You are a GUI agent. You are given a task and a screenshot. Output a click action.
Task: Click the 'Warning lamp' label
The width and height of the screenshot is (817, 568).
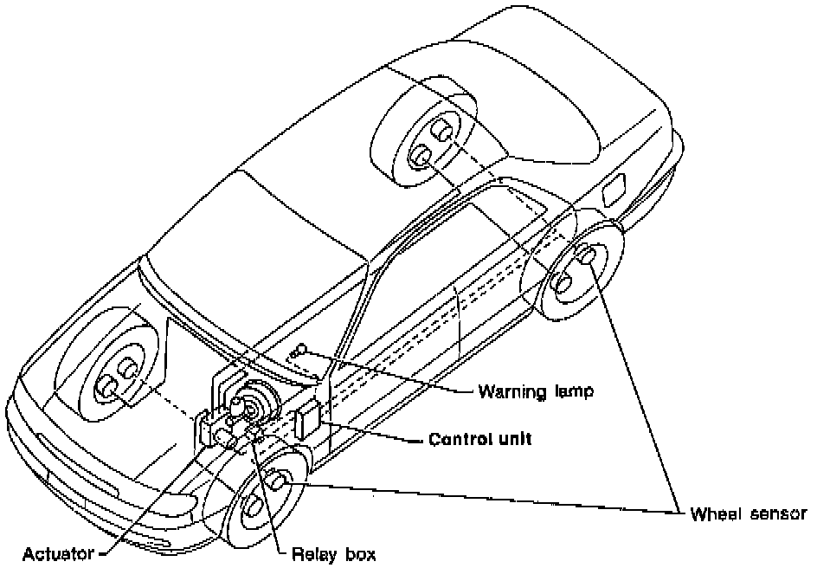(537, 391)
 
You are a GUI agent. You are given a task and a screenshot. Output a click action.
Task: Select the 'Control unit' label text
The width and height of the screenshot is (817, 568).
(480, 439)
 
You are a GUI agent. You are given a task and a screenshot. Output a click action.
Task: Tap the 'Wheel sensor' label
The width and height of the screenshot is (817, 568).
(748, 513)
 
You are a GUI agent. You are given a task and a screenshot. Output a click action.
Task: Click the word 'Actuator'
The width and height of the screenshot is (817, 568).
(58, 553)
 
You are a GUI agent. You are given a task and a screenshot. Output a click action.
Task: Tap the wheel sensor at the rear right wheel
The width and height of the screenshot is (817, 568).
(585, 255)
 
